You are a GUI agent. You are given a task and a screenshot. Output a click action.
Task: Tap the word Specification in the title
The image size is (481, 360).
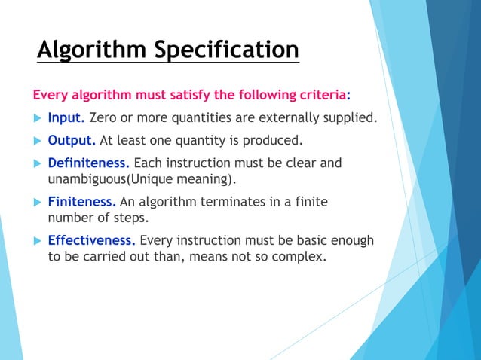pos(225,50)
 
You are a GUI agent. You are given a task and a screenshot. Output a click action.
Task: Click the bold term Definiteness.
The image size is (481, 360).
pos(89,163)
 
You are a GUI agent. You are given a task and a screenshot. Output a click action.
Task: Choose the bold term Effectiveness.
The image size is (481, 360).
pos(92,241)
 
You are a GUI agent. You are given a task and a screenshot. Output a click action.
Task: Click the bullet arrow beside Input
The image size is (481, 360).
pos(36,119)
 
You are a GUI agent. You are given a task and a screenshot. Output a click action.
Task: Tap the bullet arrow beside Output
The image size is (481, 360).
pos(36,141)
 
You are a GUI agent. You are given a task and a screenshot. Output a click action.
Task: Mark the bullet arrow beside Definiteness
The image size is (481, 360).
pos(36,163)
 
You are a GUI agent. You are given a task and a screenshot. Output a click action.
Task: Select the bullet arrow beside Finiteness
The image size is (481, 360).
pos(36,203)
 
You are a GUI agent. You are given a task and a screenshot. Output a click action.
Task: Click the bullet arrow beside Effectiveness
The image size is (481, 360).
pos(36,242)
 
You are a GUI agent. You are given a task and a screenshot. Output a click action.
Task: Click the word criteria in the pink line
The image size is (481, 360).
pos(320,96)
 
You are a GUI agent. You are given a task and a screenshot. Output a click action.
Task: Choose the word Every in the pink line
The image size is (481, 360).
pos(47,96)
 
